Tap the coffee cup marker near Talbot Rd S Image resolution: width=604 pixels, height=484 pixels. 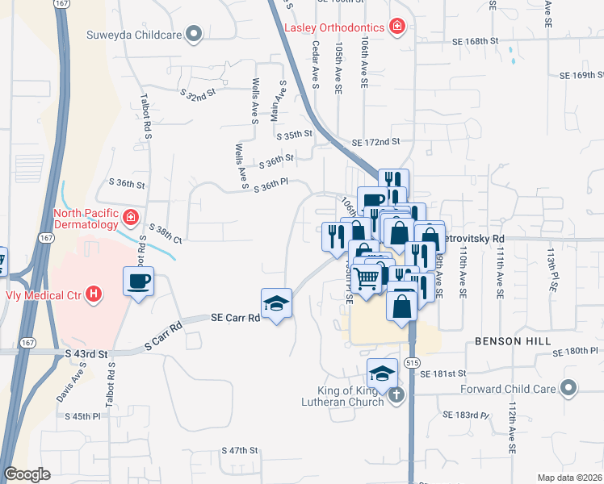pyautogui.click(x=138, y=282)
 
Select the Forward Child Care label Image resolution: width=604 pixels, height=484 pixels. pyautogui.click(x=510, y=389)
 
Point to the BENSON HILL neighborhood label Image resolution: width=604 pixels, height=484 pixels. pyautogui.click(x=506, y=341)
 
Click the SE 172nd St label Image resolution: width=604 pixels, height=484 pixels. pyautogui.click(x=376, y=142)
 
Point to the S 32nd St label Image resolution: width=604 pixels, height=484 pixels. pyautogui.click(x=200, y=94)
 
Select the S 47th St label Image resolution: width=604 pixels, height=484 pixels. pyautogui.click(x=240, y=449)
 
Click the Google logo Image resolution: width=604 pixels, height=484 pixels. pyautogui.click(x=27, y=474)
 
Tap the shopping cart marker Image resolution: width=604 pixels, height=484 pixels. pyautogui.click(x=367, y=280)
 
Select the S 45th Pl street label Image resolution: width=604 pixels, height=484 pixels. pyautogui.click(x=86, y=416)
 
